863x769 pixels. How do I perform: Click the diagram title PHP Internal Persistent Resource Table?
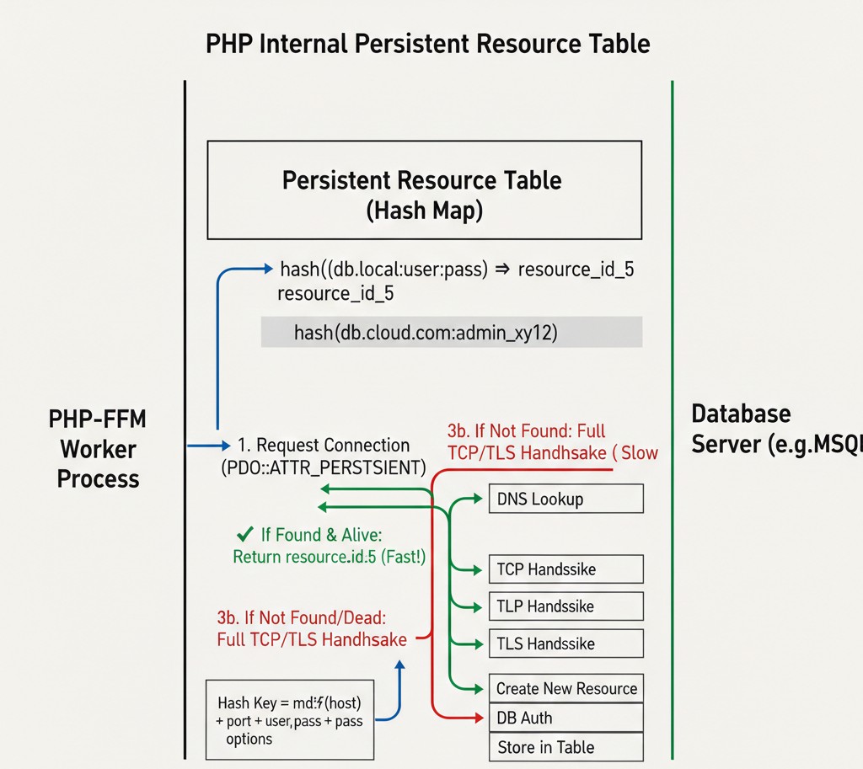[427, 43]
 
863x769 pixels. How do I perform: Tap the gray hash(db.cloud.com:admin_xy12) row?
[452, 333]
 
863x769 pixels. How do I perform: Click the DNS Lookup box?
[566, 499]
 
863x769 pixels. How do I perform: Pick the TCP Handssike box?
[566, 569]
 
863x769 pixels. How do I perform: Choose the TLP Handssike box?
[566, 606]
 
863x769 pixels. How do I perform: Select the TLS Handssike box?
[566, 644]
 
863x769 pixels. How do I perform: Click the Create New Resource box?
[566, 688]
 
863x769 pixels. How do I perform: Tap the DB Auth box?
[566, 718]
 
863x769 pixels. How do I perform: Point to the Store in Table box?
[566, 747]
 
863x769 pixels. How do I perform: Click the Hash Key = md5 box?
[289, 720]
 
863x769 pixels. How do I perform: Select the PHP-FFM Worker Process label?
[98, 448]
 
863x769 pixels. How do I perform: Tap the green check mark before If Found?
[245, 533]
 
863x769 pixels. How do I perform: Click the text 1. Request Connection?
[324, 445]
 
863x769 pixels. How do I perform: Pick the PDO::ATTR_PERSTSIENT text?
[324, 466]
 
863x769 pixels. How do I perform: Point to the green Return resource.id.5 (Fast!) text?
[329, 557]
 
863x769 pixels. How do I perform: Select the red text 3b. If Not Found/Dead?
[302, 617]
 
